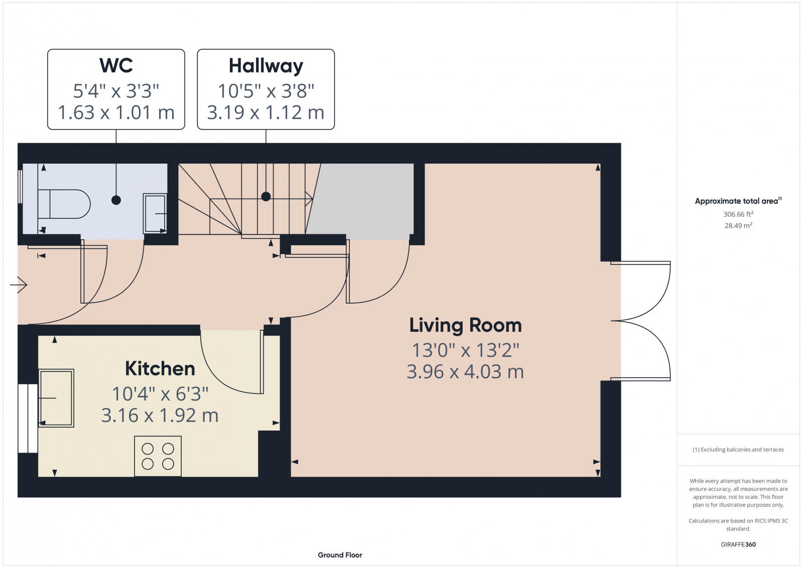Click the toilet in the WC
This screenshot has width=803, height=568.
pyautogui.click(x=64, y=204)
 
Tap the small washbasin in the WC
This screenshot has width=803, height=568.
pyautogui.click(x=155, y=214)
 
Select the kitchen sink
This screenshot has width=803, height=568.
pyautogui.click(x=56, y=398)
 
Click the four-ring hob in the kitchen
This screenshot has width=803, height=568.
pyautogui.click(x=158, y=456)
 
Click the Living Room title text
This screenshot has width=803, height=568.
pyautogui.click(x=465, y=325)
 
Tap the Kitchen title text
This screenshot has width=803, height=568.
pyautogui.click(x=160, y=369)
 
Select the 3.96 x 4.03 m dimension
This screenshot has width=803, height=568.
pyautogui.click(x=465, y=372)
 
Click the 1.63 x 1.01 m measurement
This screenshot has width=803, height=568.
pyautogui.click(x=116, y=112)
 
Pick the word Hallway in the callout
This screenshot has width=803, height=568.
pyautogui.click(x=265, y=66)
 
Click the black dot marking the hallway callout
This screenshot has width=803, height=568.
pyautogui.click(x=266, y=197)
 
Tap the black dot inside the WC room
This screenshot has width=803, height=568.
pyautogui.click(x=116, y=200)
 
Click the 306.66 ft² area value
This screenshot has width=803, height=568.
pyautogui.click(x=738, y=214)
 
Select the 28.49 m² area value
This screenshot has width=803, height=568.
pyautogui.click(x=738, y=226)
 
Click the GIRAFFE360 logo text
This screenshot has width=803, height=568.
pyautogui.click(x=738, y=544)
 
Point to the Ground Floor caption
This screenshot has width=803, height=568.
pyautogui.click(x=340, y=555)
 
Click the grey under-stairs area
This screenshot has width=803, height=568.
pyautogui.click(x=364, y=199)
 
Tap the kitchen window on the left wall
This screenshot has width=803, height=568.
pyautogui.click(x=28, y=418)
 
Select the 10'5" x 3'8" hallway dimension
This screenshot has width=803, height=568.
pyautogui.click(x=265, y=91)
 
